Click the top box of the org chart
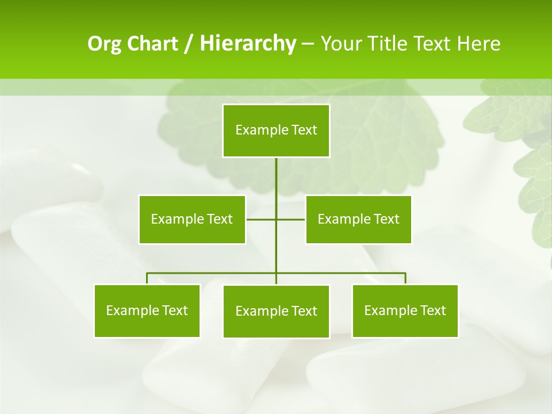(x=276, y=131)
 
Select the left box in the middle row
(x=192, y=219)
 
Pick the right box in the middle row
(x=358, y=219)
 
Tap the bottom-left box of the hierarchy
(x=147, y=310)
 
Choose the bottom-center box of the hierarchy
(x=276, y=311)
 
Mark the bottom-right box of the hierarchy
(x=405, y=310)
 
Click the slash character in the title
(x=189, y=44)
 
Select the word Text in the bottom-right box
(x=432, y=310)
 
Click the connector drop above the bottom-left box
(x=147, y=278)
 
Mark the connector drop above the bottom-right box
(x=405, y=278)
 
